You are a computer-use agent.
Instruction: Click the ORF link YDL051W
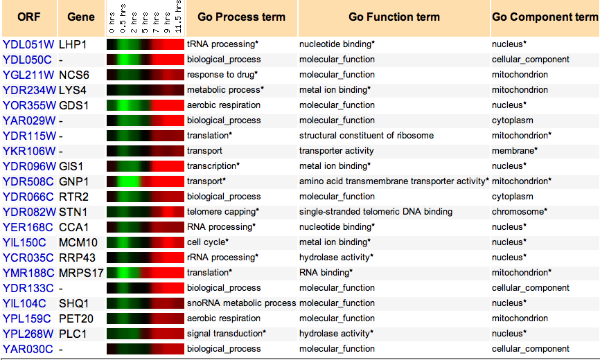(x=28, y=45)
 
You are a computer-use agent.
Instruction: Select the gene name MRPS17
(x=81, y=273)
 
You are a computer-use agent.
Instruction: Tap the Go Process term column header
(x=241, y=17)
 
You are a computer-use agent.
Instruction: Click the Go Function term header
(x=394, y=17)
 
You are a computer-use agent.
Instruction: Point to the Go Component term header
(x=545, y=17)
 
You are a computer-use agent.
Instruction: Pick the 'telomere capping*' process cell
(x=223, y=212)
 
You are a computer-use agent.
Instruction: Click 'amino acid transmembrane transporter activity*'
(x=394, y=181)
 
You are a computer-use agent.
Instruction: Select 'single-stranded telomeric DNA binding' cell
(x=376, y=212)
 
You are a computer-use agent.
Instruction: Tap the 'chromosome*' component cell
(x=520, y=212)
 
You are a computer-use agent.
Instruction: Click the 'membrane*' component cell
(x=515, y=150)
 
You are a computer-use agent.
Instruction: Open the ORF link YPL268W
(x=28, y=334)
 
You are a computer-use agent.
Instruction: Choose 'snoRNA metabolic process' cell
(x=241, y=303)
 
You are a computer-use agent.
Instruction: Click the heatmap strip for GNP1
(x=145, y=181)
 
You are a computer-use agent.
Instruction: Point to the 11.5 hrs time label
(x=178, y=17)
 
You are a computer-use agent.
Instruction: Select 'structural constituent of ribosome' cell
(x=367, y=136)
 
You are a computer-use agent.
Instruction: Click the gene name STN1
(x=73, y=212)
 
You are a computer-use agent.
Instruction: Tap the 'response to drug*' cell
(x=222, y=75)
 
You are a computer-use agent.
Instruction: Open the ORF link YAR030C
(x=28, y=350)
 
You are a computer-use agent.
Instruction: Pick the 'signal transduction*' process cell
(x=227, y=334)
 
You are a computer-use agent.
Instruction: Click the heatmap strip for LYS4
(x=145, y=90)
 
